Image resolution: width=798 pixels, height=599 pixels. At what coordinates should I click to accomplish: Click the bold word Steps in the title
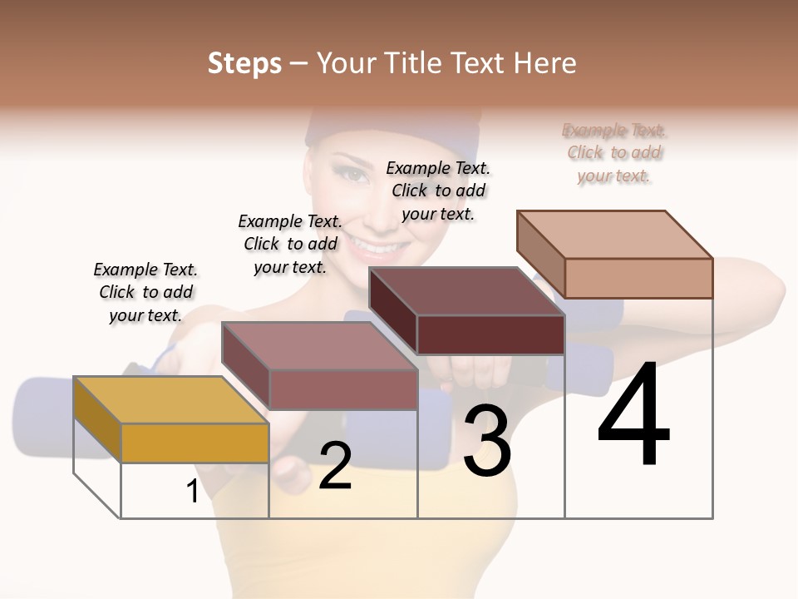pyautogui.click(x=244, y=63)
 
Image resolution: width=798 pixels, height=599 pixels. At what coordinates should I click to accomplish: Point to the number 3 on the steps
pyautogui.click(x=486, y=440)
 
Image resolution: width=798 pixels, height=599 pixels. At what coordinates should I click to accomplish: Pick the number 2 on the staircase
pyautogui.click(x=335, y=466)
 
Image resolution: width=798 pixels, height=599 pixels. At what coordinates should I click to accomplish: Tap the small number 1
pyautogui.click(x=193, y=492)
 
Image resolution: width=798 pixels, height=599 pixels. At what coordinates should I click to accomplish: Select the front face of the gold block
pyautogui.click(x=195, y=443)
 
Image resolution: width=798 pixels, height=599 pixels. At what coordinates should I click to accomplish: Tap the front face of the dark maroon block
pyautogui.click(x=490, y=334)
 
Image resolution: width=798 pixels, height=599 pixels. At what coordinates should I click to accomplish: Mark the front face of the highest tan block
pyautogui.click(x=638, y=278)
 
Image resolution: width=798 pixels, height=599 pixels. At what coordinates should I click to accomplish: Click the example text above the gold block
pyautogui.click(x=145, y=292)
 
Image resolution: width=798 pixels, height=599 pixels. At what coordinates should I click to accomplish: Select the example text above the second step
pyautogui.click(x=290, y=244)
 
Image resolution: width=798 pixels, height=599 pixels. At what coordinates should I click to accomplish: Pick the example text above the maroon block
pyautogui.click(x=438, y=191)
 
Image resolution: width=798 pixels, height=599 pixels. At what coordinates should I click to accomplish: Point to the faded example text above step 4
pyautogui.click(x=614, y=153)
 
